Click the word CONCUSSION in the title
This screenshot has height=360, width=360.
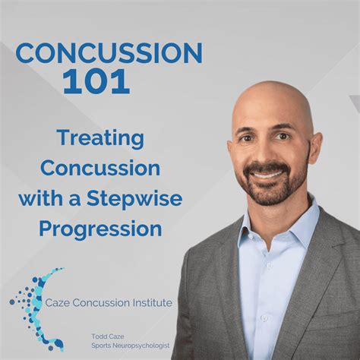point(109,54)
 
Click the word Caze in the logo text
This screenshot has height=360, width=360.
point(59,303)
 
